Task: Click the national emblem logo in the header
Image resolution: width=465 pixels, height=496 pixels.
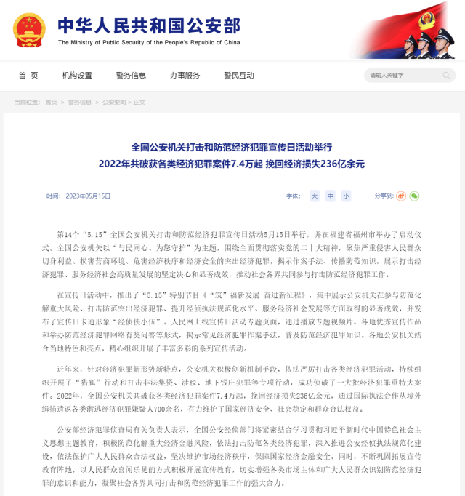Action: click(29, 30)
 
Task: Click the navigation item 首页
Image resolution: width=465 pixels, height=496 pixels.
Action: click(28, 76)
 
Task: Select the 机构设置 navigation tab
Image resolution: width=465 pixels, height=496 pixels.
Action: click(77, 76)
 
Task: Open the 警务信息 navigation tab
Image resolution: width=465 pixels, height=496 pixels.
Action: click(131, 76)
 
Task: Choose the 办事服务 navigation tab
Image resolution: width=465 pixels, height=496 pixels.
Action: click(185, 76)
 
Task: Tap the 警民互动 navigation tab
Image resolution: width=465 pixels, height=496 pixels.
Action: click(239, 76)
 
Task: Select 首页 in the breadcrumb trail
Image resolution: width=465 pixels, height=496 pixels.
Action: click(51, 103)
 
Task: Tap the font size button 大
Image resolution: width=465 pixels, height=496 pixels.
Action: click(315, 196)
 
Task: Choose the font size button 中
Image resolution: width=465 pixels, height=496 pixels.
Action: click(331, 196)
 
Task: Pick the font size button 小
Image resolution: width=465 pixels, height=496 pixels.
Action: click(346, 196)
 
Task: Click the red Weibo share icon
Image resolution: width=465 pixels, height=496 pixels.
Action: click(400, 196)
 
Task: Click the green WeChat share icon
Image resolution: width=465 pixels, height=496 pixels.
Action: click(414, 196)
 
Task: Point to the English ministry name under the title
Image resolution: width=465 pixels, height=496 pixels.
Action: click(149, 42)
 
